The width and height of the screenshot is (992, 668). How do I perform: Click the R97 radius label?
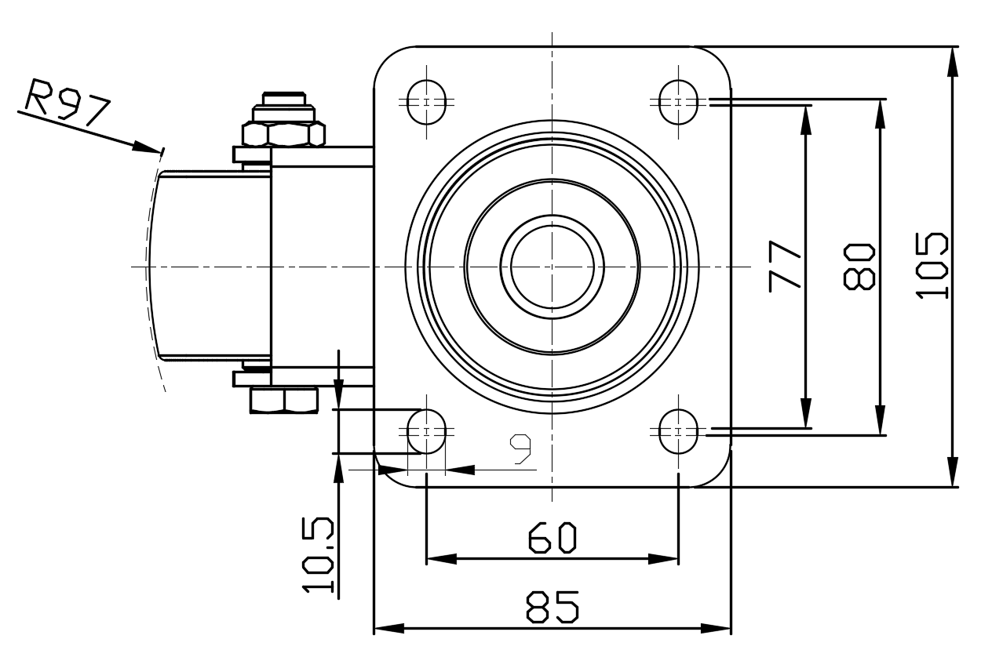point(67,103)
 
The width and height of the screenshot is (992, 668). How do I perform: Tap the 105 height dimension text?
point(932,266)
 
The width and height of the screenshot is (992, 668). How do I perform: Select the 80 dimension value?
point(859,267)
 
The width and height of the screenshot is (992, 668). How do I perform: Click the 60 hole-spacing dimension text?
point(553,539)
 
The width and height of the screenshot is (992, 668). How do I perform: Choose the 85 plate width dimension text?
point(553,607)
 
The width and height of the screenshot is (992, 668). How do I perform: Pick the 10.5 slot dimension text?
point(318,555)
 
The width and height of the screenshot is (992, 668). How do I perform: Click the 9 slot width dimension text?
point(520,448)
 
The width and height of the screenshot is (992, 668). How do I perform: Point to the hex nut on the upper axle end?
point(283,134)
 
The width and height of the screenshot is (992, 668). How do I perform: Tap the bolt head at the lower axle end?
point(284,401)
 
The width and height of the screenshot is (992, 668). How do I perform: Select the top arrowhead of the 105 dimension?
point(953,63)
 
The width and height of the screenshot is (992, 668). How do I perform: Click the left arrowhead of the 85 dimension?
point(389,628)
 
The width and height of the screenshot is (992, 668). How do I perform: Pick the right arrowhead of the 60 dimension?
point(663,559)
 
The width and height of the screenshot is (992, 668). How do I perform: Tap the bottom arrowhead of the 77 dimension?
point(806,413)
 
